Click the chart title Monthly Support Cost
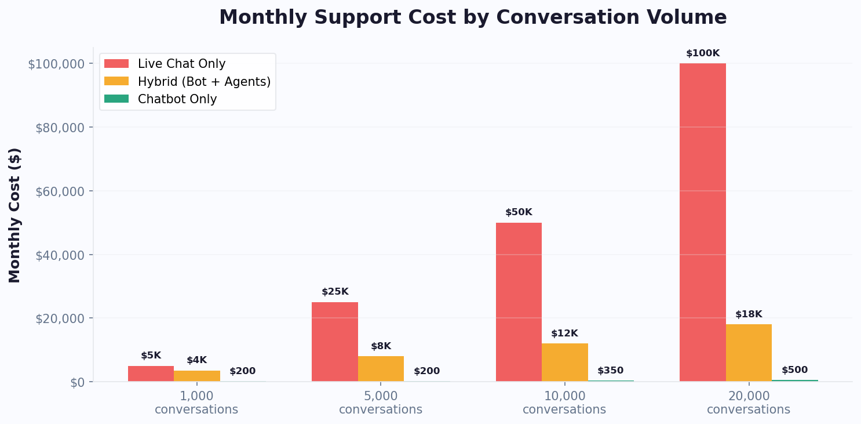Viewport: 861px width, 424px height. point(472,17)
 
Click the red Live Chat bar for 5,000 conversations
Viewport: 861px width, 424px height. point(334,342)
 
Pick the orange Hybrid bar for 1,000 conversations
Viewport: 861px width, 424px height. point(197,376)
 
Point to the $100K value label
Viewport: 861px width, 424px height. point(702,53)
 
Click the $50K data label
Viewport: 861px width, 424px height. point(519,212)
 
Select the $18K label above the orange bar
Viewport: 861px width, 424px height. point(749,314)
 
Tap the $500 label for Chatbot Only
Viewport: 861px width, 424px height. point(794,370)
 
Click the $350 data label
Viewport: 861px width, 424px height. point(610,371)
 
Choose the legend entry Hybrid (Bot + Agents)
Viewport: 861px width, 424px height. point(204,82)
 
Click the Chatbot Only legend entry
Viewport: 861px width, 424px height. point(177,99)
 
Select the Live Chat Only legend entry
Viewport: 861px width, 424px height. point(181,64)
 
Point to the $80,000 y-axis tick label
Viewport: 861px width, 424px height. point(60,128)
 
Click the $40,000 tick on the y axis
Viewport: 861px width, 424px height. point(60,255)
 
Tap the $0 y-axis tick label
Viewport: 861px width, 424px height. point(77,383)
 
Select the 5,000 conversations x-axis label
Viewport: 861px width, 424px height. point(381,403)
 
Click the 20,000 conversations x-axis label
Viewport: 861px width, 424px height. point(749,403)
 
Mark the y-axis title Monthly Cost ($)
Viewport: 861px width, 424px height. point(14,215)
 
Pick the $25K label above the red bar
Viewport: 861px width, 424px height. point(335,292)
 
